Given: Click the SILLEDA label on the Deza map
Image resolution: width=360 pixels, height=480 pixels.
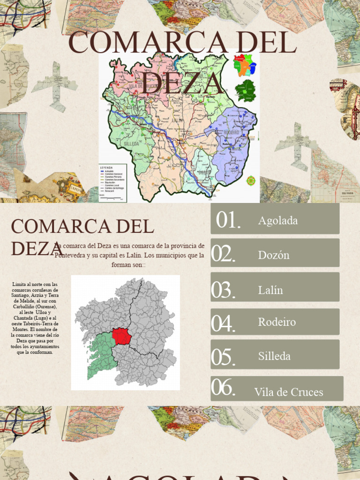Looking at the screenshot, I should [131, 144].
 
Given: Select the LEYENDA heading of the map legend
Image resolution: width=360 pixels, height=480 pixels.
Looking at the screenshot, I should [106, 166].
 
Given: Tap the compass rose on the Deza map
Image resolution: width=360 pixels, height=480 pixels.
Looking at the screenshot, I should [251, 180].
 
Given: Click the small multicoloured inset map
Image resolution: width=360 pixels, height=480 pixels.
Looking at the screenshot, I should [245, 65].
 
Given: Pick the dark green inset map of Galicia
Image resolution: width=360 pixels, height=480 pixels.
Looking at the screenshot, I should [245, 91].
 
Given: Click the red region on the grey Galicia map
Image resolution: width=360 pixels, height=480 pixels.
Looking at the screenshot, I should [122, 336].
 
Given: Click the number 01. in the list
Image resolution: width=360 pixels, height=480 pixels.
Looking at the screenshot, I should [228, 220].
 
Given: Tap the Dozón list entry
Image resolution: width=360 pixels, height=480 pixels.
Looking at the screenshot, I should [274, 255].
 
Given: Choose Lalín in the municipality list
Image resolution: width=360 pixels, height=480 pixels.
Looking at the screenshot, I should [270, 290].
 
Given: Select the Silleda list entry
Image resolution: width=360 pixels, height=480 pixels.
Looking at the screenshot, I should [274, 356].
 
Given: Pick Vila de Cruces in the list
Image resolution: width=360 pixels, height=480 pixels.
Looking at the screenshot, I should [288, 392].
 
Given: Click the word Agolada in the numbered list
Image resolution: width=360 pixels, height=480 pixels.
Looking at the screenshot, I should [277, 220].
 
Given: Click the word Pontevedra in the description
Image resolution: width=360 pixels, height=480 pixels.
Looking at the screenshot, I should [71, 255].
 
